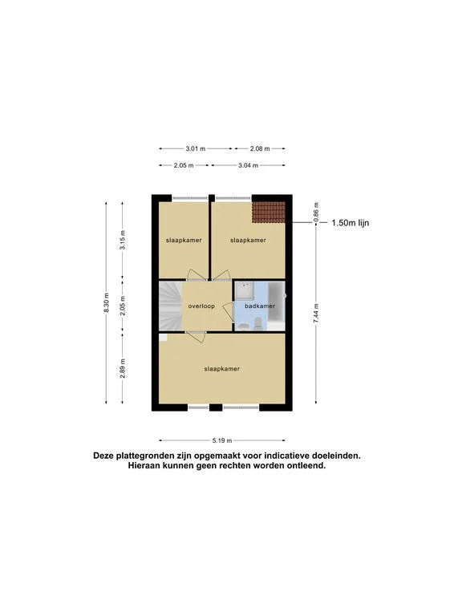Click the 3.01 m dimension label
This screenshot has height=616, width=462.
[195, 148]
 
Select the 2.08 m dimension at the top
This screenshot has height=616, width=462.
[259, 148]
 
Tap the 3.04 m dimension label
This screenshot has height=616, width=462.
[248, 165]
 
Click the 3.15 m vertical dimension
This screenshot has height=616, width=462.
[122, 241]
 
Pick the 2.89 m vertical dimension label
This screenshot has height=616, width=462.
[122, 368]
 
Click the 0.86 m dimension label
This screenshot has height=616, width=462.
[316, 211]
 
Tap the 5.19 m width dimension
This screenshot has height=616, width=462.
[222, 440]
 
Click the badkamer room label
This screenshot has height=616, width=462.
[260, 306]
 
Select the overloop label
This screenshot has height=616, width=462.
[201, 306]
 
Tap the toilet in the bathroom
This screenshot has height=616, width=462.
[257, 323]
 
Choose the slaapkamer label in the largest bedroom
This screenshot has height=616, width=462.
[222, 369]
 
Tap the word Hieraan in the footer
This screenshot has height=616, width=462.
[145, 466]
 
